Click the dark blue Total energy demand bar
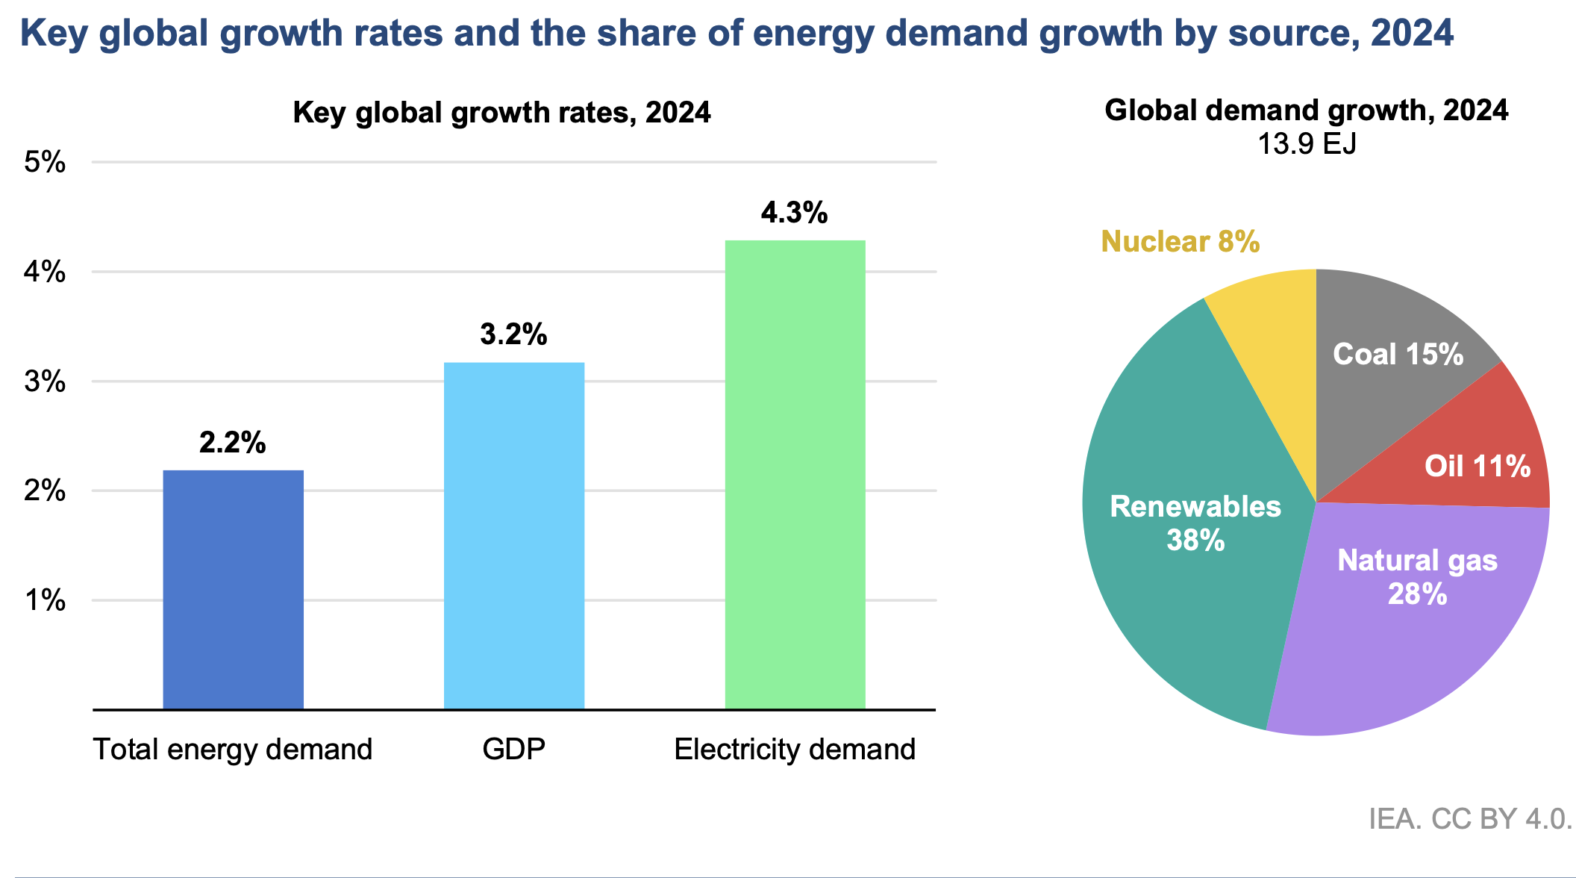coord(233,590)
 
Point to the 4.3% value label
coord(794,214)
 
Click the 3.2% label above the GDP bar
coord(513,335)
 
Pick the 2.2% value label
coord(232,443)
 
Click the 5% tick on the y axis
coord(46,162)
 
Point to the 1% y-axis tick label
coord(46,600)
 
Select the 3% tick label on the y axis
coord(46,382)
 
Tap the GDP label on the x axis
coord(513,749)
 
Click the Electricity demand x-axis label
coord(795,749)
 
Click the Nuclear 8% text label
coord(1180,242)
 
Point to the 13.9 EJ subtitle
coord(1307,144)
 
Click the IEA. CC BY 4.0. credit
coord(1470,819)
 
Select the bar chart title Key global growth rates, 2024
coord(501,113)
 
